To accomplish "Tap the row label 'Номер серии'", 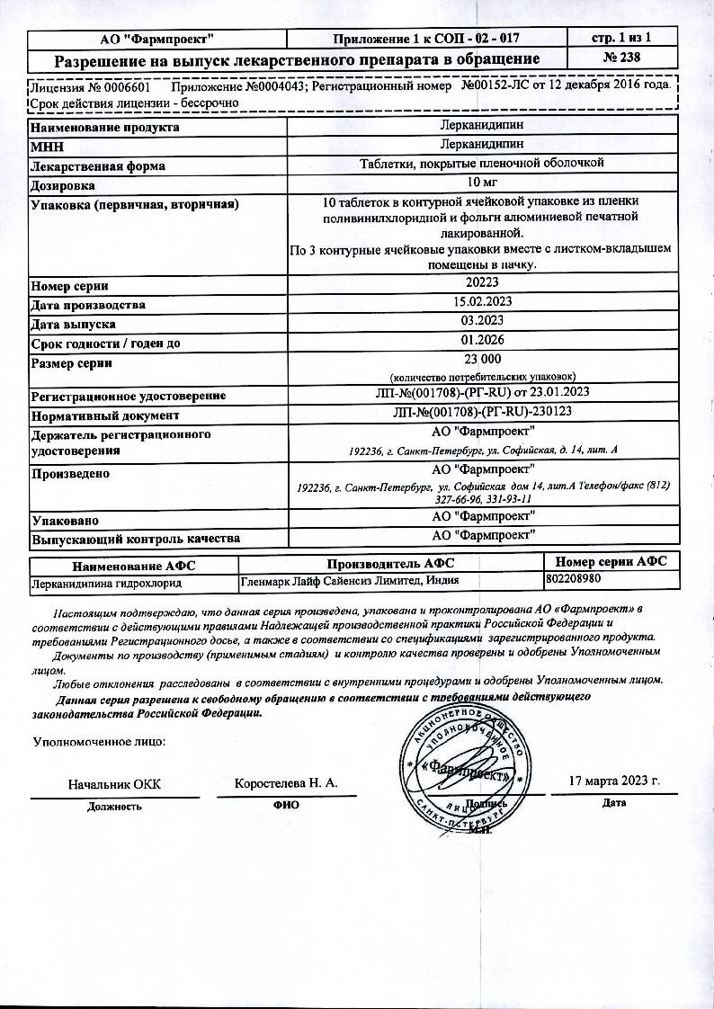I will (x=70, y=286).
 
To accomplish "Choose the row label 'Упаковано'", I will (x=65, y=521).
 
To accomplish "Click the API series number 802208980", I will (x=575, y=582).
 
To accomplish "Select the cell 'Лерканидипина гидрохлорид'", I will (x=106, y=583).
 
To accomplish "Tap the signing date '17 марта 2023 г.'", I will (x=615, y=780).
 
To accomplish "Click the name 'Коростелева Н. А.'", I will (x=286, y=783).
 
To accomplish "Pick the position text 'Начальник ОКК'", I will (x=114, y=784).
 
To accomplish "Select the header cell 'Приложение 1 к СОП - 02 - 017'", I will (x=426, y=38).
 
